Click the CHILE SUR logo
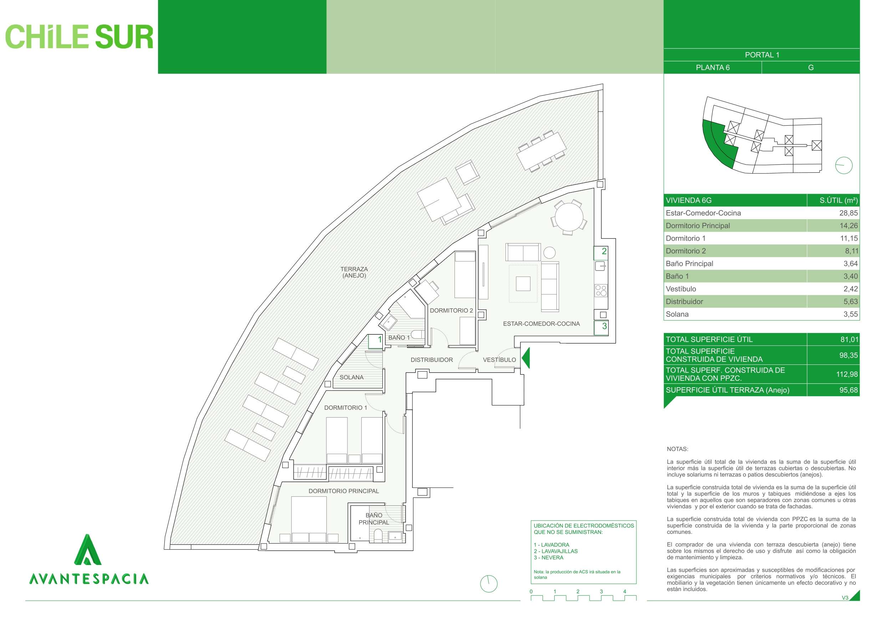pyautogui.click(x=79, y=37)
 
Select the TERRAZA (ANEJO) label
pyautogui.click(x=354, y=272)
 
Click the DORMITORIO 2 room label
pyautogui.click(x=451, y=311)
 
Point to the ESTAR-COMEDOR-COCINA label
pyautogui.click(x=541, y=324)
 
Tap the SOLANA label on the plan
pyautogui.click(x=351, y=378)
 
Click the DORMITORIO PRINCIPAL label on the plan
pyautogui.click(x=344, y=491)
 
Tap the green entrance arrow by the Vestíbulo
pyautogui.click(x=526, y=358)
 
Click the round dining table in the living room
pyautogui.click(x=569, y=217)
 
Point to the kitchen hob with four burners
pyautogui.click(x=601, y=291)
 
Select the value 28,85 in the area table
pyautogui.click(x=848, y=213)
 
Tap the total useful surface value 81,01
pyautogui.click(x=848, y=340)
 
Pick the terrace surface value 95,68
pyautogui.click(x=848, y=390)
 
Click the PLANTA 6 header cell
pyautogui.click(x=712, y=67)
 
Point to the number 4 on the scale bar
pyautogui.click(x=625, y=591)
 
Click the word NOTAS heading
pyautogui.click(x=677, y=449)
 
